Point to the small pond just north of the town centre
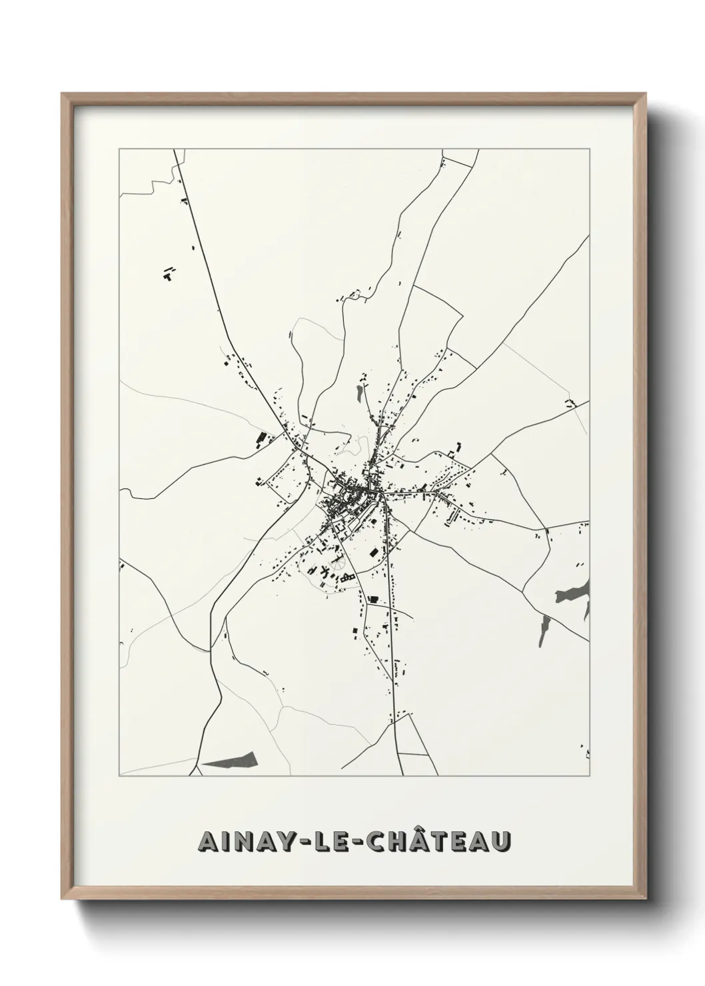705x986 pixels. [x=360, y=393]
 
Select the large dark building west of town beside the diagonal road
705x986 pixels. [x=261, y=439]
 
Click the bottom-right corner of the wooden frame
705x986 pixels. [x=643, y=895]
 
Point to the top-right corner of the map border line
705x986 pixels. [x=589, y=149]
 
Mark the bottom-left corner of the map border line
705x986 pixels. [x=119, y=776]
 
